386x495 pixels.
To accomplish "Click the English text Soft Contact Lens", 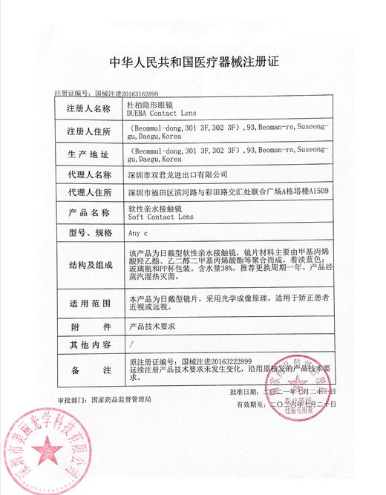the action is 160,217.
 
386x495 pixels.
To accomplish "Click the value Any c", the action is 137,232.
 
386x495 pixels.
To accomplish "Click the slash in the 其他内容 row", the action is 131,345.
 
